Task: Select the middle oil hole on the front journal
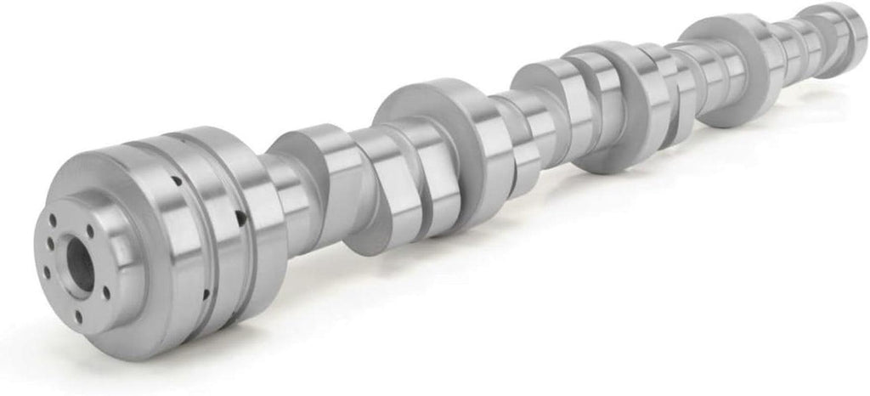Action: click(x=240, y=219)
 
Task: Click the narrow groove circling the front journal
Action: click(x=219, y=229)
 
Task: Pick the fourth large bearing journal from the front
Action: click(x=731, y=68)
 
